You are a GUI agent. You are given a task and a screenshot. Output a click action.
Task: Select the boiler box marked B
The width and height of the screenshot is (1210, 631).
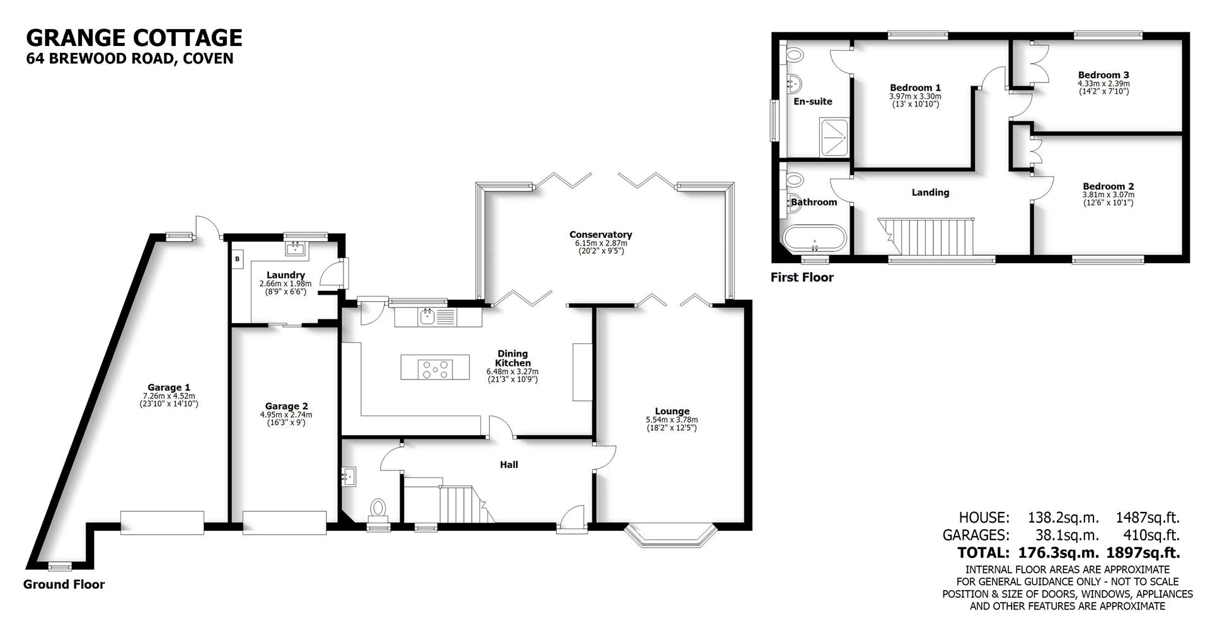(x=238, y=259)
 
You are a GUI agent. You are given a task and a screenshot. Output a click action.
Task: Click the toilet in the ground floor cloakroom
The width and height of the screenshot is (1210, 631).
(x=378, y=508)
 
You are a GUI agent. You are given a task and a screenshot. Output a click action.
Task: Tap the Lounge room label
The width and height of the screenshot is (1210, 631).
(x=672, y=411)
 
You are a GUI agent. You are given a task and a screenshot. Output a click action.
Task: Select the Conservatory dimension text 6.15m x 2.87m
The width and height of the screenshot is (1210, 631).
(x=601, y=243)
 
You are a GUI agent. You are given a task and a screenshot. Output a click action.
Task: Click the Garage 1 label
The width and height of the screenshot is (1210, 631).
(x=169, y=387)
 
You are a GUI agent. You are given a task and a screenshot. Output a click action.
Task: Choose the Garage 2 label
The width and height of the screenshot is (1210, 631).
(x=286, y=406)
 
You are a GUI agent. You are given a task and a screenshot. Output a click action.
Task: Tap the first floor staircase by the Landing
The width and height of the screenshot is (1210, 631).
(x=926, y=236)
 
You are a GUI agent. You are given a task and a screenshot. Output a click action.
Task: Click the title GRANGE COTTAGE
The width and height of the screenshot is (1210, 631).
(x=134, y=38)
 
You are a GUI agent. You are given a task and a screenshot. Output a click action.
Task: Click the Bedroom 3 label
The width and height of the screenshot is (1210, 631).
(x=1103, y=75)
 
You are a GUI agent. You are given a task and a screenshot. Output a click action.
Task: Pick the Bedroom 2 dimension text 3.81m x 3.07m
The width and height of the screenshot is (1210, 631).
(x=1108, y=195)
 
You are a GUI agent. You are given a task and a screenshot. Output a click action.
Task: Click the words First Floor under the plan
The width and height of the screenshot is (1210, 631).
(x=802, y=277)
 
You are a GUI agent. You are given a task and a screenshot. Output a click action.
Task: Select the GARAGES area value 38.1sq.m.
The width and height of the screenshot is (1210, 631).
(x=1066, y=535)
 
